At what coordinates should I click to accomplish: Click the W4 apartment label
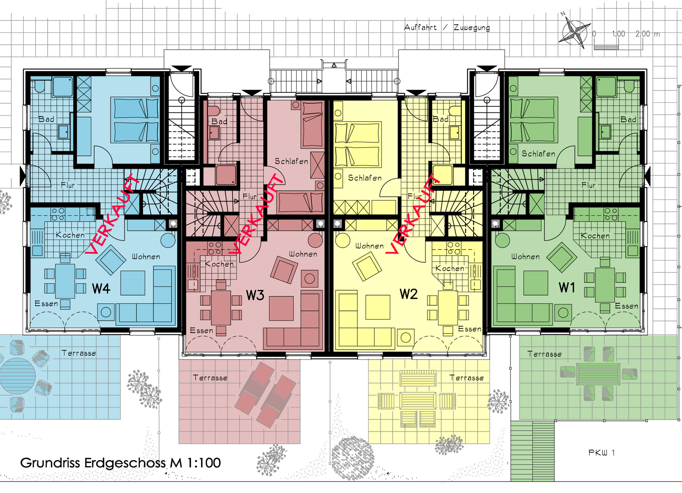(101, 288)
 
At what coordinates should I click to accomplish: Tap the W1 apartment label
(567, 287)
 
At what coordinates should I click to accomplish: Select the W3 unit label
(255, 295)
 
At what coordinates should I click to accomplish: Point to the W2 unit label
(409, 294)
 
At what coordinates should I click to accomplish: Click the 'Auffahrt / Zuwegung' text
(447, 28)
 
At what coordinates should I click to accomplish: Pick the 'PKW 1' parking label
(601, 452)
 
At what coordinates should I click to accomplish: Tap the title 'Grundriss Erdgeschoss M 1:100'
(120, 463)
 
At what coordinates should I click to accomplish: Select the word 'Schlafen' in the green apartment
(538, 154)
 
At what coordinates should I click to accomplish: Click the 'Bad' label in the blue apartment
(46, 119)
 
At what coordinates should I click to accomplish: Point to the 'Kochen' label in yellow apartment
(450, 268)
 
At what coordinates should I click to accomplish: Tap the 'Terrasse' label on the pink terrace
(210, 378)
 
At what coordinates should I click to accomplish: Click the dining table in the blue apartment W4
(65, 281)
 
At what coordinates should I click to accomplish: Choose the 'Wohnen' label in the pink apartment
(303, 254)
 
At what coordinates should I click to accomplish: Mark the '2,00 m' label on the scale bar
(647, 34)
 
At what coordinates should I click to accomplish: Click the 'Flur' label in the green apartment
(588, 185)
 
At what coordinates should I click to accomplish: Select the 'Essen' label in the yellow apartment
(470, 329)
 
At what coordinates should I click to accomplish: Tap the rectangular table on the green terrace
(598, 374)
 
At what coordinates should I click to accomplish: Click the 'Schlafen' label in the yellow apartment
(365, 178)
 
